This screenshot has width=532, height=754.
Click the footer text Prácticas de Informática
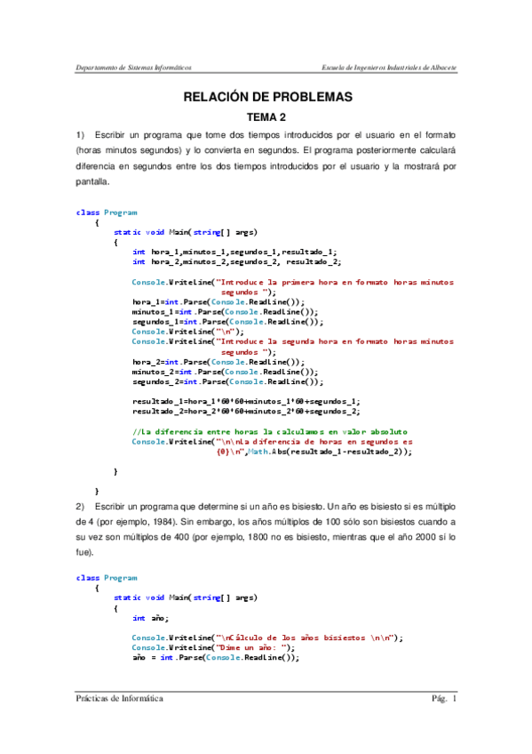point(119,699)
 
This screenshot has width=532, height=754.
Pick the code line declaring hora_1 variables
point(234,252)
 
